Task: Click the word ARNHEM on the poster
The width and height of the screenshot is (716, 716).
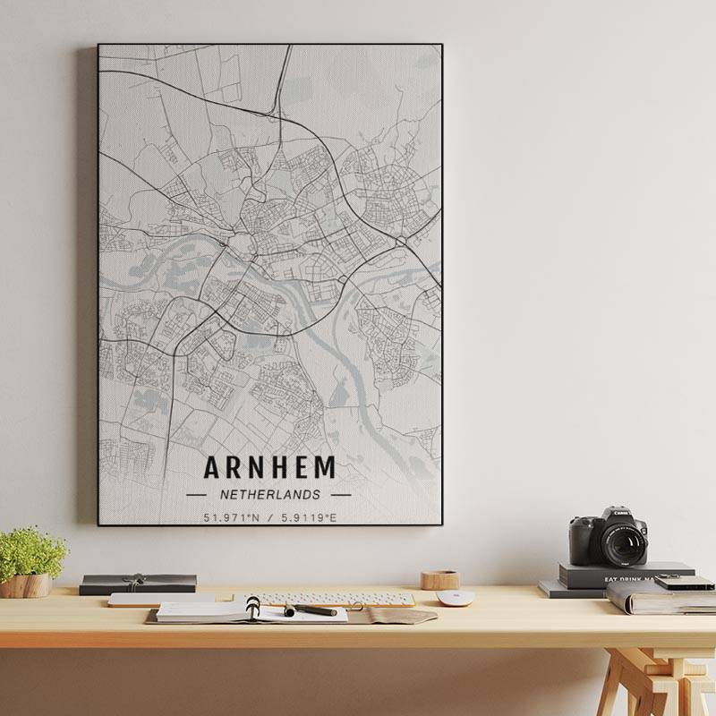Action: point(269,467)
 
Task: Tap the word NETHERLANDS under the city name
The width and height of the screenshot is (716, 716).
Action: point(268,494)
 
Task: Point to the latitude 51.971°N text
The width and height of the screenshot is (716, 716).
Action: point(232,517)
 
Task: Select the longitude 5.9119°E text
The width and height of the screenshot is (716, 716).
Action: point(310,517)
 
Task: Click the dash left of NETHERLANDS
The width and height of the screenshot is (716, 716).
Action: point(196,494)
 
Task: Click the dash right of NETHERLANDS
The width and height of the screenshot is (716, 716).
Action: point(341,494)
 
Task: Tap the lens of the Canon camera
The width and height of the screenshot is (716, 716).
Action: point(623,542)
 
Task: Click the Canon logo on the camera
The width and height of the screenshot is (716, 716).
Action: point(619,514)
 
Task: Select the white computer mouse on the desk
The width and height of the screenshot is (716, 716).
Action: point(455,598)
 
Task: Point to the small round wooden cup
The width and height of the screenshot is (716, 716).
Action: point(439,579)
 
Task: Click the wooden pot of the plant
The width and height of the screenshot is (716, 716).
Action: point(26,585)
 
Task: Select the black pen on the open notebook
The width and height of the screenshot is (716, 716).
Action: point(311,610)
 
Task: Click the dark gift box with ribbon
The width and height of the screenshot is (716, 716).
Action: point(138,584)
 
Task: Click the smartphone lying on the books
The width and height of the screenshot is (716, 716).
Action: point(685,583)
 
